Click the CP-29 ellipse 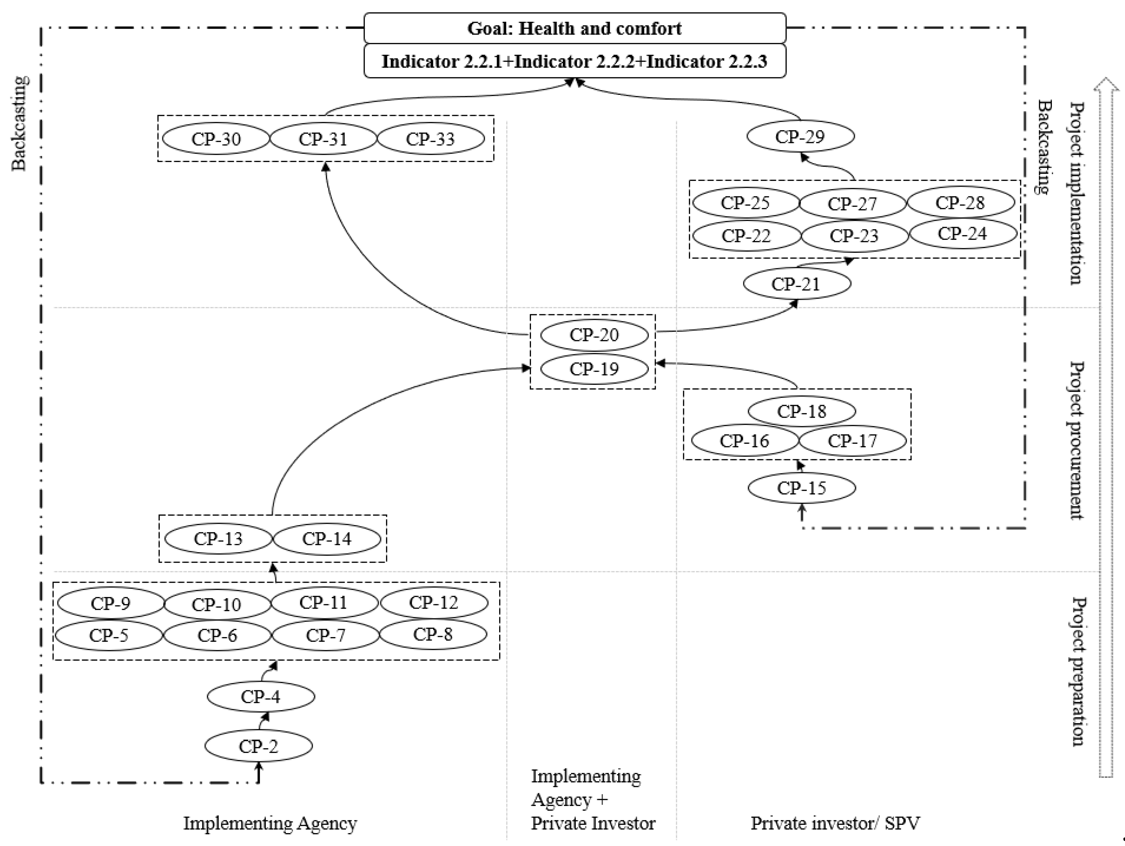coord(800,136)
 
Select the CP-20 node coord(594,335)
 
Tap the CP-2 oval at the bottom coord(258,746)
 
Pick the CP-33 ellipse coord(430,139)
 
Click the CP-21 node coord(796,284)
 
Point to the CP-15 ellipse coord(802,488)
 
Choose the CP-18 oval coord(802,411)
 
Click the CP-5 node coord(108,635)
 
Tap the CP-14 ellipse coord(326,539)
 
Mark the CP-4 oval coord(260,696)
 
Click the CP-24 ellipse coord(962,234)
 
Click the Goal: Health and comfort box coord(575,28)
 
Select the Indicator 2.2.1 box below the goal coord(575,61)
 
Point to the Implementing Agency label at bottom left coord(270,823)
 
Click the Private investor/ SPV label coord(835,823)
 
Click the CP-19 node coord(594,369)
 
